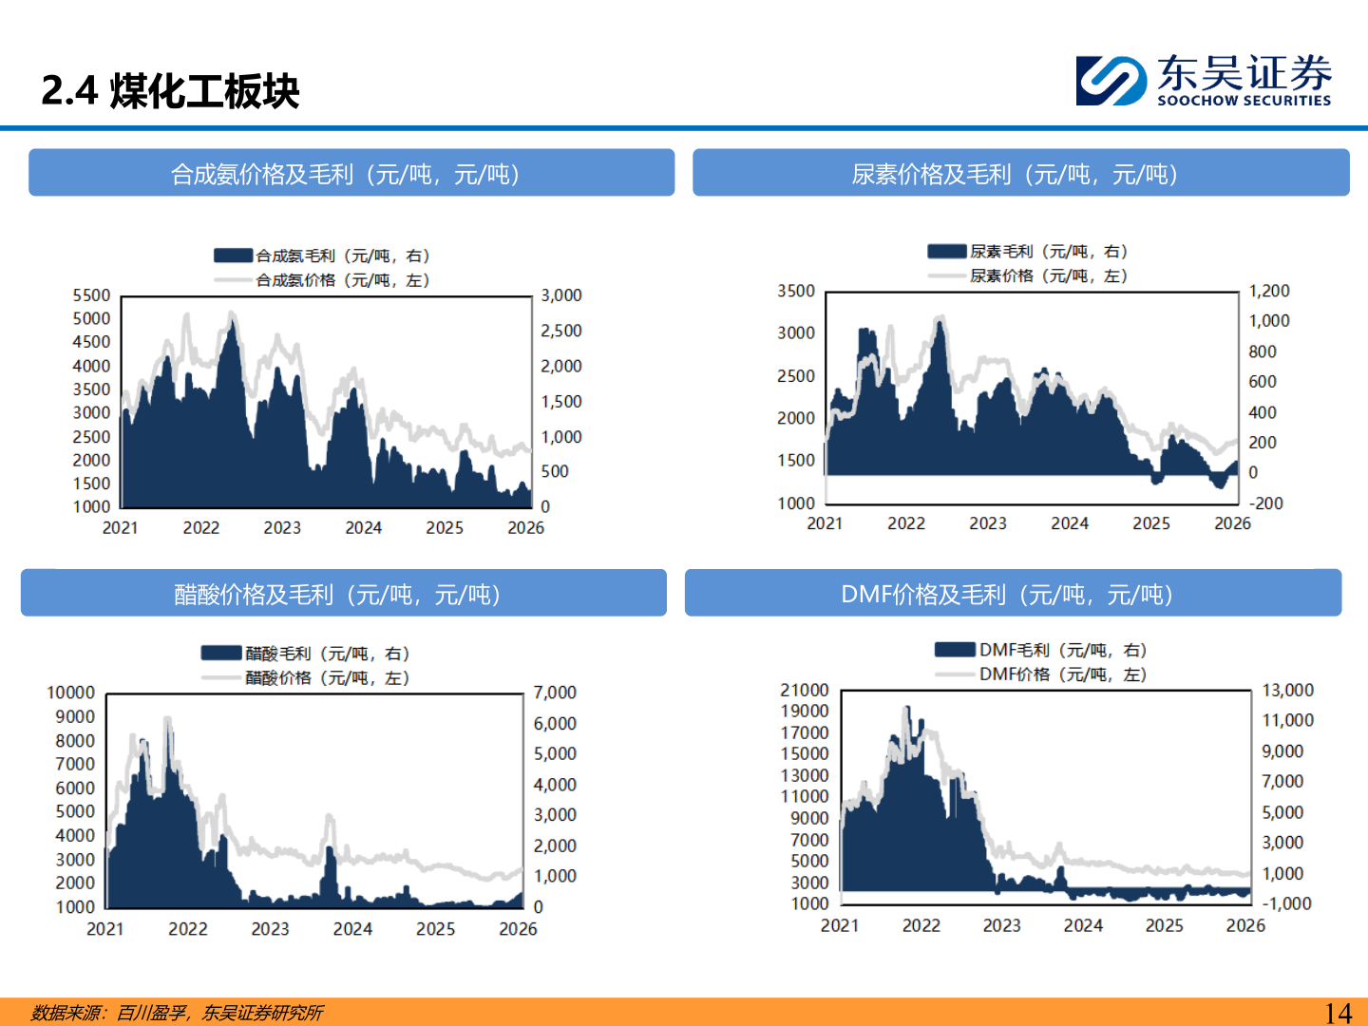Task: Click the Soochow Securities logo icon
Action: coord(1111,81)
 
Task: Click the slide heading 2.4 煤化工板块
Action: coord(170,91)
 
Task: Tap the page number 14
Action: coord(1338,1013)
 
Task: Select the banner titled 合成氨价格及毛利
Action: coord(351,173)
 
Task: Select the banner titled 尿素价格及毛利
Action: coord(1021,173)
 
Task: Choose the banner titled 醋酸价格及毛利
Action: coord(343,593)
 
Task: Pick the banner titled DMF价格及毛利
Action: coord(1013,593)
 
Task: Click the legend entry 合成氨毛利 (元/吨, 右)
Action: coord(322,256)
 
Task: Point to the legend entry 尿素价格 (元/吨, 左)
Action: coord(1028,275)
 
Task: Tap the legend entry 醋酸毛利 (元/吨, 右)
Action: coord(305,653)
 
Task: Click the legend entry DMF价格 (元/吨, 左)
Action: coord(1041,674)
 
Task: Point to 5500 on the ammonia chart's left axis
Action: coord(91,295)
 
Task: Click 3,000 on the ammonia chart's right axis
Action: coord(560,295)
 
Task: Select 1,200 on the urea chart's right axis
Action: coord(1269,291)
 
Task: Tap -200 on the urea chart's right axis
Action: coord(1266,503)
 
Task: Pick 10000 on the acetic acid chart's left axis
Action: coord(71,693)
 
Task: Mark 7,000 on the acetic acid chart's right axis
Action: coord(555,693)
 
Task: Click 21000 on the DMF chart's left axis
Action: coord(805,690)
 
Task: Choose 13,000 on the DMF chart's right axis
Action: coord(1287,690)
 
